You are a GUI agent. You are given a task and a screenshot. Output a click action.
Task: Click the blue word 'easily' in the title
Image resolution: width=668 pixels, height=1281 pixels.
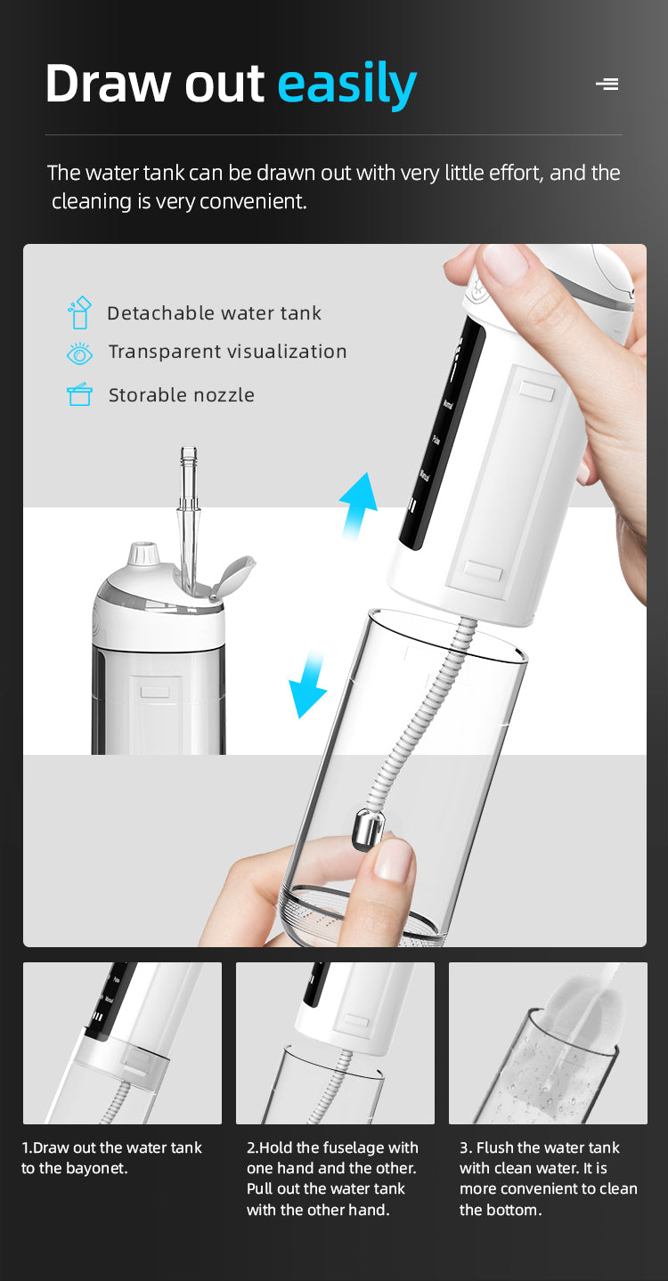(x=346, y=85)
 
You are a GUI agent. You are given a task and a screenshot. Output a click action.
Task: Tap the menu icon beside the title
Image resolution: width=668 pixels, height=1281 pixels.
(x=607, y=84)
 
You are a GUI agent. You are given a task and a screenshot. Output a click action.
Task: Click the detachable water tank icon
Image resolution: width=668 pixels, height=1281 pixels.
(x=79, y=312)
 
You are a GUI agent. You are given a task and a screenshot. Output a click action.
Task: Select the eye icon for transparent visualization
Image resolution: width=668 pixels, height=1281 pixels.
(x=79, y=354)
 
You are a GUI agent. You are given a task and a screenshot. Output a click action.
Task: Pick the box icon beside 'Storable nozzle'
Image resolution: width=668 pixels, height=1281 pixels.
(x=79, y=394)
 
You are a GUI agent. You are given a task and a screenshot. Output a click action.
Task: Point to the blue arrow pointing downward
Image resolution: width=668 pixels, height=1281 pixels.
(x=308, y=684)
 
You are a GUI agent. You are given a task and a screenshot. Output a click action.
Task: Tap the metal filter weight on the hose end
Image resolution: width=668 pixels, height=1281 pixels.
(x=371, y=829)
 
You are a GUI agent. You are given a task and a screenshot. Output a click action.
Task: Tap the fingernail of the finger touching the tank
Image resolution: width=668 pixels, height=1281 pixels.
(x=394, y=861)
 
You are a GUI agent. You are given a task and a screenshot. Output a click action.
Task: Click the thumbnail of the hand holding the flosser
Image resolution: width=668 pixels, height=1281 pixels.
(x=505, y=263)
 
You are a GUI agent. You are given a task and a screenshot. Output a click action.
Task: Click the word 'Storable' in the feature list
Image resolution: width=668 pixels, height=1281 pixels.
(x=147, y=394)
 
